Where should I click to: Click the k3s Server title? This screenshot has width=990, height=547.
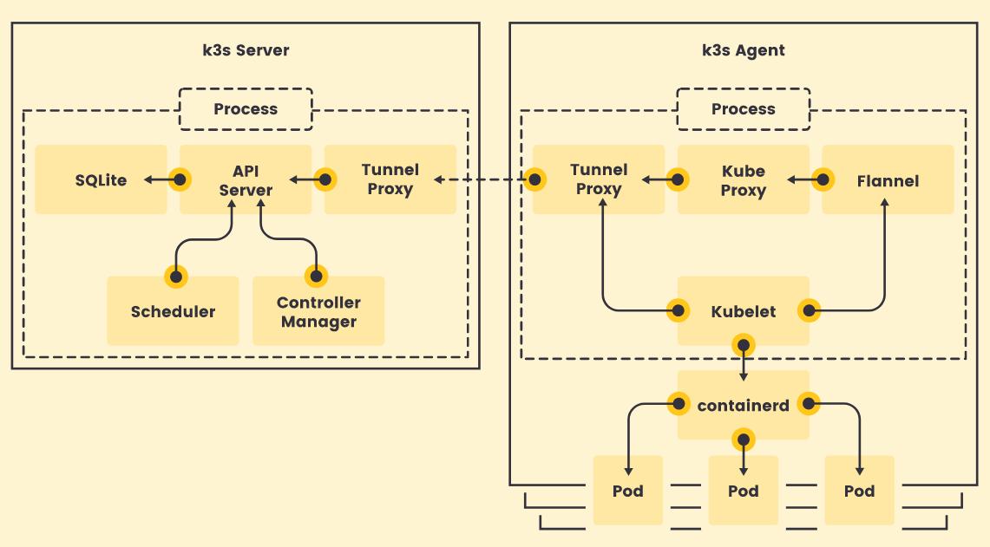coord(246,50)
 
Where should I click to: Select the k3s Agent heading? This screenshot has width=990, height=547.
coord(743,50)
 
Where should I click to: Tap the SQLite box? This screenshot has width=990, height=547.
coord(101,180)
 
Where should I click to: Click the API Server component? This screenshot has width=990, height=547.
coord(246,180)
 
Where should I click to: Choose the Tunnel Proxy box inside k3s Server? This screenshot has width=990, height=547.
coord(390,179)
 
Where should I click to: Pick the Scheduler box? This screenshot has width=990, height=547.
coord(173,311)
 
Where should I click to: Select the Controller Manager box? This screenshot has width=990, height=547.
coord(318,311)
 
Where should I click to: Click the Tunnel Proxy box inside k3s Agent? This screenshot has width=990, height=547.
coord(599,179)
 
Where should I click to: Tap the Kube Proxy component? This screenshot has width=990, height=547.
coord(743,179)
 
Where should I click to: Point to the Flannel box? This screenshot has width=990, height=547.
coord(887,180)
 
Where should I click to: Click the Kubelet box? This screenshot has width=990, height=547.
coord(743,311)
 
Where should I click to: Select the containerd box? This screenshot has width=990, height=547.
coord(743,405)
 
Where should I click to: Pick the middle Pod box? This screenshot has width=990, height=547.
coord(743,491)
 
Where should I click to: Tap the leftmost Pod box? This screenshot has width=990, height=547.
coord(627,491)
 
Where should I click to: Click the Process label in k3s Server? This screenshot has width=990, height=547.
coord(246,109)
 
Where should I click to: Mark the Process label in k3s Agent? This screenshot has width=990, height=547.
coord(743,109)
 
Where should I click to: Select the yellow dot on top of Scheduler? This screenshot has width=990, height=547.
coord(176,277)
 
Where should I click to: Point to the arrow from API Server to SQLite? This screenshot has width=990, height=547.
coord(160,179)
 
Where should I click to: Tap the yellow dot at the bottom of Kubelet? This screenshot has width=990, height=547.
coord(744,345)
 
